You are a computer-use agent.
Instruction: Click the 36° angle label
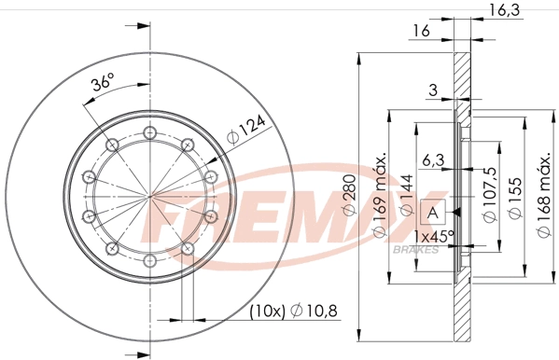click(103, 83)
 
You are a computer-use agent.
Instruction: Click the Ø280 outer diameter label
click(349, 198)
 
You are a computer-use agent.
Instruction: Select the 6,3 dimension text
click(431, 159)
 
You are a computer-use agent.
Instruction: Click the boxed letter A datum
click(433, 213)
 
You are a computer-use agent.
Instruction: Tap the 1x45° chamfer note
click(434, 237)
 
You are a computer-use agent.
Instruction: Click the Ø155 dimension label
click(513, 198)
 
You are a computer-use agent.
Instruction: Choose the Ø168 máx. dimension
click(540, 198)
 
